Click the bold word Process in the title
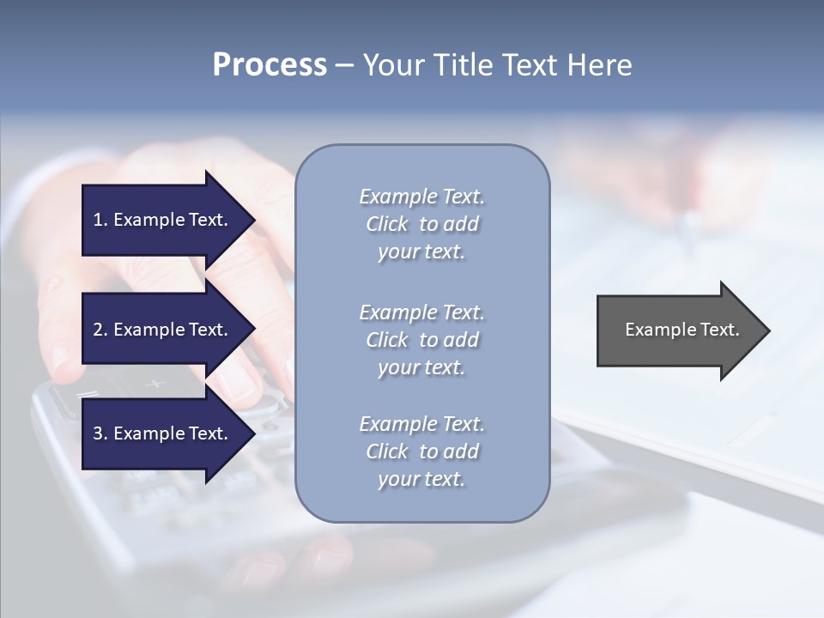click(x=270, y=65)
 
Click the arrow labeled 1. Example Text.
click(x=163, y=220)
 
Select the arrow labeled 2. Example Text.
click(x=163, y=330)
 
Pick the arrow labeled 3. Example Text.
click(x=163, y=433)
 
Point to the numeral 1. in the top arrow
click(x=100, y=220)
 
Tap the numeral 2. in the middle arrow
click(x=100, y=330)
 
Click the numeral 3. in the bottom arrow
click(x=100, y=433)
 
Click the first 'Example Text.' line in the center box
click(x=421, y=197)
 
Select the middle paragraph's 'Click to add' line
click(x=421, y=340)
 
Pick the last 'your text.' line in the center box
click(x=421, y=479)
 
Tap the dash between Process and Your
click(x=344, y=65)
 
